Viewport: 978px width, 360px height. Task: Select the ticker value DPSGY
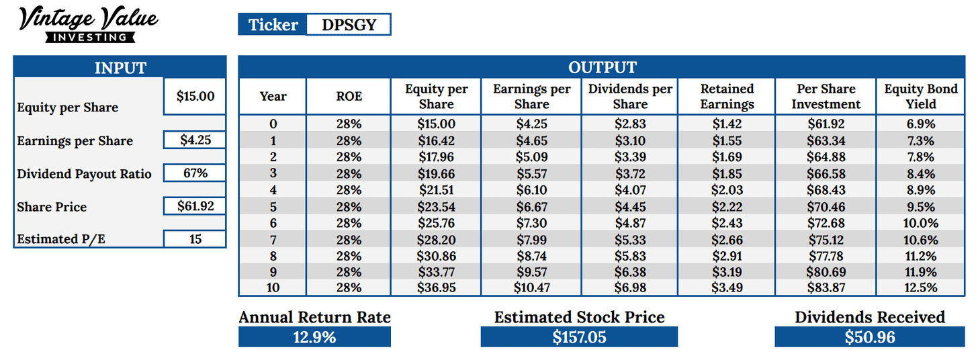(348, 25)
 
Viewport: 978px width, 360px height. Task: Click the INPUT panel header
(120, 67)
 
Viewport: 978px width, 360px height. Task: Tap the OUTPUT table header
(602, 67)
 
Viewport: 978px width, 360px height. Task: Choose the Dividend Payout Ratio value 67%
(195, 173)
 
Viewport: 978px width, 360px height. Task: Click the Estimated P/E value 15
(195, 238)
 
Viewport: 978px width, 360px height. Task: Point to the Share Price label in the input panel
(52, 207)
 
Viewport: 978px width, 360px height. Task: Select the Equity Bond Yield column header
(920, 97)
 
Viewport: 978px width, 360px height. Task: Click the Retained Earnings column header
(727, 97)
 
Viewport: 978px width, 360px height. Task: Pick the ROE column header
(349, 97)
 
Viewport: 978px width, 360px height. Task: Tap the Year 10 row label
(273, 288)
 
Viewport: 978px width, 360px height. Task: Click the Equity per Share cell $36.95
(436, 288)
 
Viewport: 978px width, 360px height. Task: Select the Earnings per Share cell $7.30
(531, 222)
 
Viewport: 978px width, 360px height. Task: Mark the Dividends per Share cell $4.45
(630, 206)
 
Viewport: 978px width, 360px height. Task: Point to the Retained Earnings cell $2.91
(727, 255)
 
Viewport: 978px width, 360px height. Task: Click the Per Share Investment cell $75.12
(826, 239)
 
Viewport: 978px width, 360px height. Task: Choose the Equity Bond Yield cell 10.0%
(920, 222)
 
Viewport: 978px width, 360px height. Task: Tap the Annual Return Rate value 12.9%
(314, 337)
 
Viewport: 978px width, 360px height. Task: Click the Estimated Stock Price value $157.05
(579, 337)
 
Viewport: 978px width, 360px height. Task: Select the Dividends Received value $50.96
(869, 337)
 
